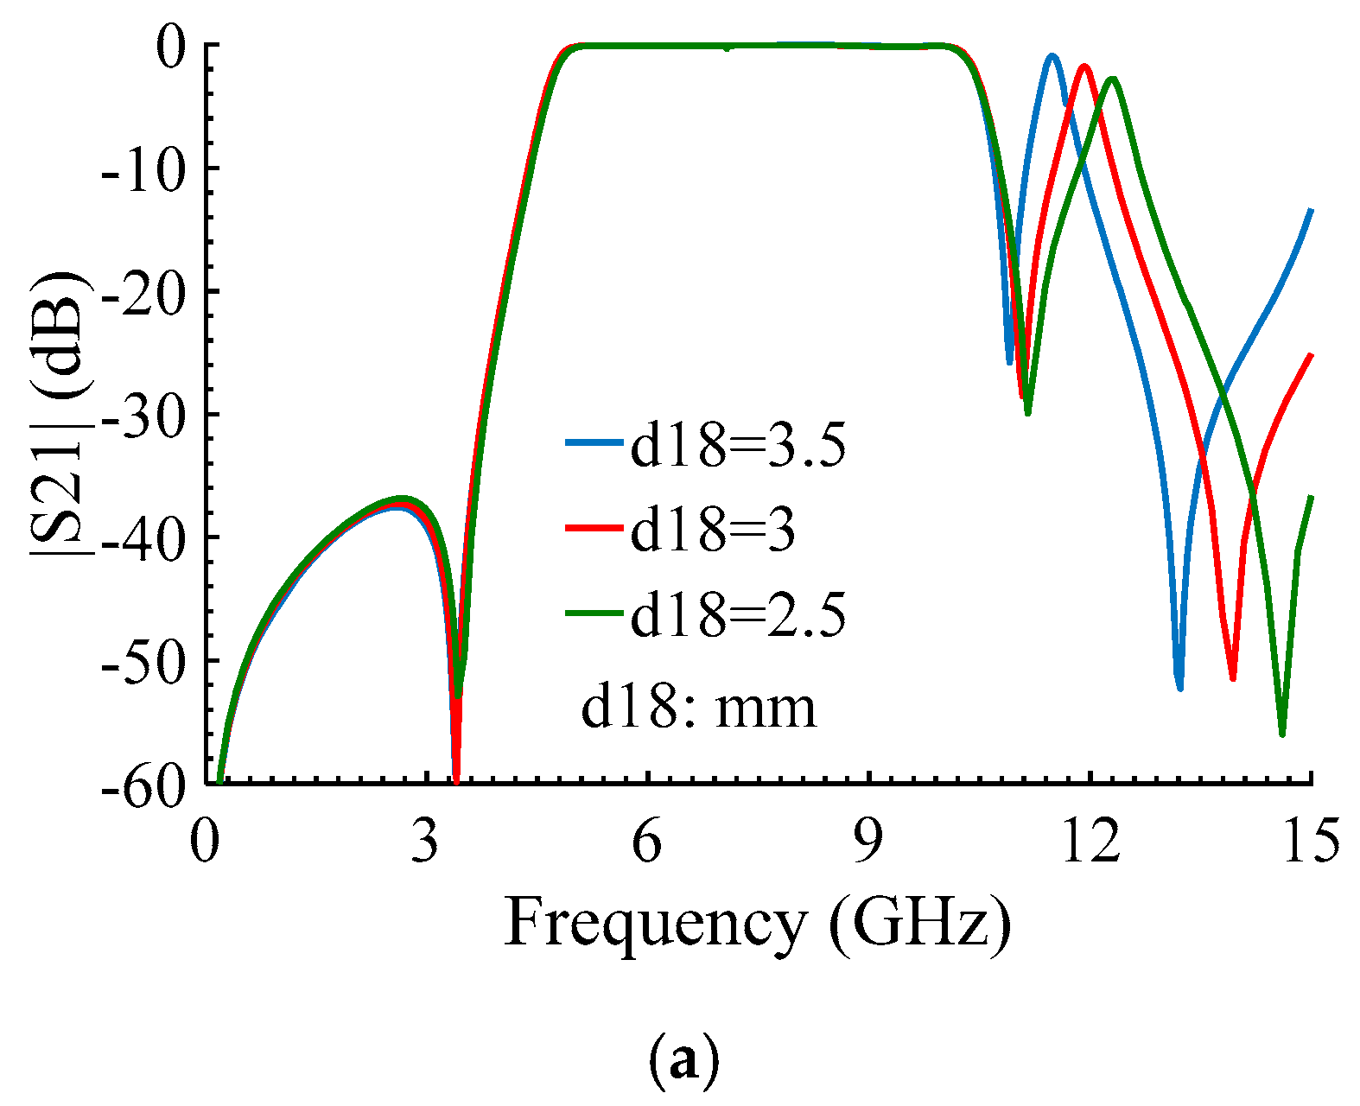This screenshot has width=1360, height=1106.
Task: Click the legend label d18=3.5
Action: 737,446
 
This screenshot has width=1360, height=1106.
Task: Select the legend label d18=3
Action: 712,530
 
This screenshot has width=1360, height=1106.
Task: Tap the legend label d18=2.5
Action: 737,614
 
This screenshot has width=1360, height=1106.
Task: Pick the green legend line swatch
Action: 594,613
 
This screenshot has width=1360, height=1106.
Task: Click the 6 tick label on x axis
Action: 647,842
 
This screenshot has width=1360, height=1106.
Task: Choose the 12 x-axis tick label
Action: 1090,842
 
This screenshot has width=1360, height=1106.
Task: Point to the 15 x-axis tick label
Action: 1311,842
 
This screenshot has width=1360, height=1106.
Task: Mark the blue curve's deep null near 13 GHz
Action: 1179,687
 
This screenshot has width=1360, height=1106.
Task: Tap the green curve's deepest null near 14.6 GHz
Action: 1282,733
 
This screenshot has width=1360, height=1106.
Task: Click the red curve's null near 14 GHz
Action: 1233,677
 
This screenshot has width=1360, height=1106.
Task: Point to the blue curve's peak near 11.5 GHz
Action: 1052,56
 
